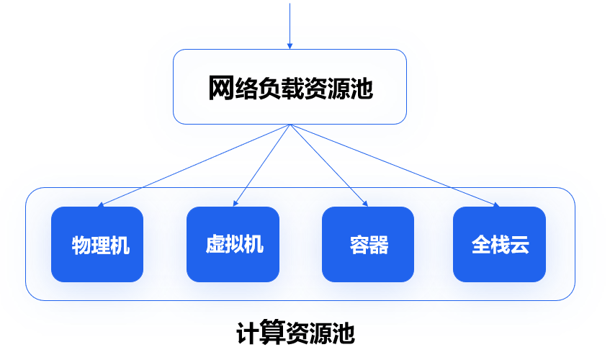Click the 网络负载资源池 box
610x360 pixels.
(290, 86)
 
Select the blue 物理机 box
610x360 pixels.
(97, 244)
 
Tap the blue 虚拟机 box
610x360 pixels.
(233, 244)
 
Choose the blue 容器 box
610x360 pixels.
(367, 244)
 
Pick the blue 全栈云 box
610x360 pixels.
(499, 244)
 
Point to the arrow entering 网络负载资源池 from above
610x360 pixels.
(290, 25)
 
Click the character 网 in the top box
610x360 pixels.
(220, 88)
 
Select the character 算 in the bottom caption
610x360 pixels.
(272, 334)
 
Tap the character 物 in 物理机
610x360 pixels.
(79, 246)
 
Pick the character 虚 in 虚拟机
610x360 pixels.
(215, 245)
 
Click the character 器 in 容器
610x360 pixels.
(378, 246)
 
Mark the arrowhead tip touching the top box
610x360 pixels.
(290, 48)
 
